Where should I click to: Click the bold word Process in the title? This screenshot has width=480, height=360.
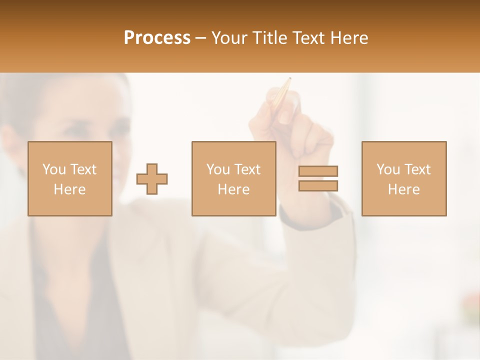(157, 38)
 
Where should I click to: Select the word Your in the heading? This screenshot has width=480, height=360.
(229, 38)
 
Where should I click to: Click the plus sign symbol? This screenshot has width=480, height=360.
(152, 179)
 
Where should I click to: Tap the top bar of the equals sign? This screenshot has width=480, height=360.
(318, 171)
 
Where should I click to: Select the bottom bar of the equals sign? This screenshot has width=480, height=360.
(318, 185)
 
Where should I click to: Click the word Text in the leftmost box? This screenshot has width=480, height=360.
(84, 169)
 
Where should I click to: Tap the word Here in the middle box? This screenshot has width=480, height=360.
(233, 189)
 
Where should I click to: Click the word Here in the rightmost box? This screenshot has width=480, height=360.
(404, 189)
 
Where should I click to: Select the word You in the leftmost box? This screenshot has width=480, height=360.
(54, 169)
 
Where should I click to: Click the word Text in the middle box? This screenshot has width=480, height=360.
(248, 169)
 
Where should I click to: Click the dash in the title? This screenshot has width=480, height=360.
(201, 38)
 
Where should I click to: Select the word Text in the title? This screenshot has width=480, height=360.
(308, 38)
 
